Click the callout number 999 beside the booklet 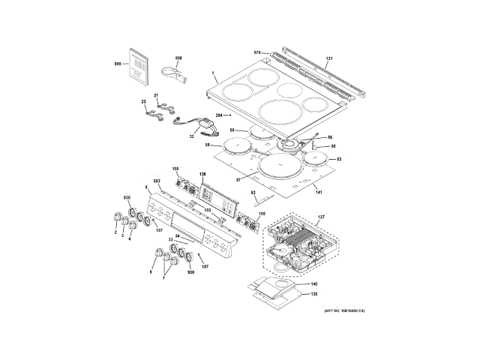(x=117, y=65)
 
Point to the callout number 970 (x=256, y=52)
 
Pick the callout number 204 (x=220, y=115)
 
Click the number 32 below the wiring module (x=191, y=136)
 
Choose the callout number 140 (x=314, y=284)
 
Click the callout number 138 (x=314, y=294)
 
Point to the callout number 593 (x=157, y=183)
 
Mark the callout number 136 (x=202, y=175)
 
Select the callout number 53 (x=337, y=160)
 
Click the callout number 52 (x=253, y=193)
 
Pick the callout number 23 (x=143, y=101)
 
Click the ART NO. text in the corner (x=343, y=311)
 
